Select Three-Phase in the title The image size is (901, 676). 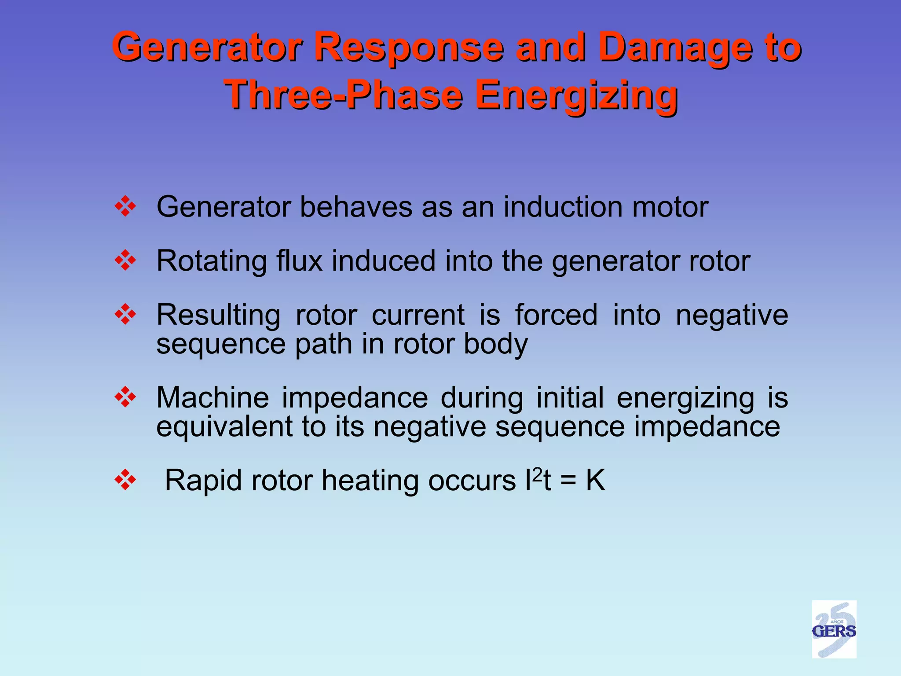pos(344,95)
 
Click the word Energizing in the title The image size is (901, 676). pos(576,95)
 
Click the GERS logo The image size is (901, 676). pos(834,629)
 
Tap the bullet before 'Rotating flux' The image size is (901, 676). pos(125,261)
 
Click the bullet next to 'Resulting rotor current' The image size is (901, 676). pos(125,315)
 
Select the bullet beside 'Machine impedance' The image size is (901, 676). pos(125,397)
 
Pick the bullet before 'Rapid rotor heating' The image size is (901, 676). pos(125,480)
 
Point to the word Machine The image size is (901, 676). pos(212,397)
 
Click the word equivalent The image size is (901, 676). pos(225,426)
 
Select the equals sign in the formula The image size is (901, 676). pos(568,481)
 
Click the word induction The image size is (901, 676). pos(563,207)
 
